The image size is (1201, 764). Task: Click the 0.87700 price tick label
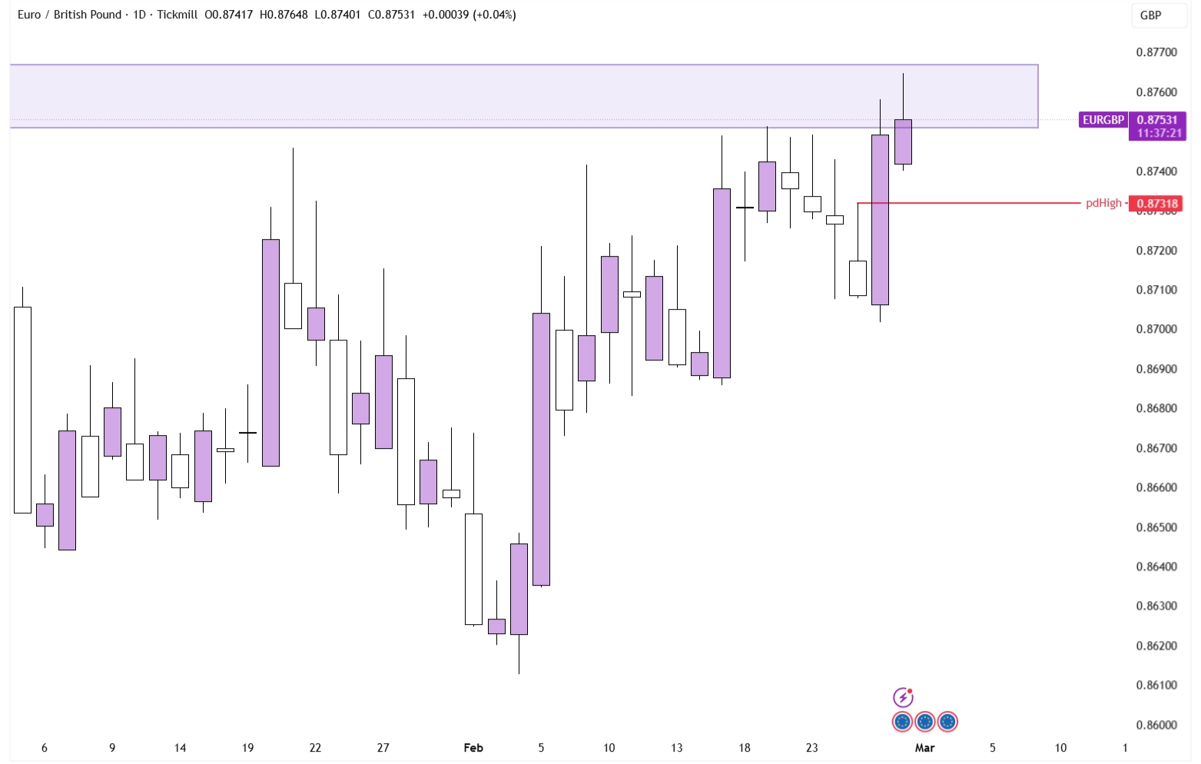click(x=1156, y=52)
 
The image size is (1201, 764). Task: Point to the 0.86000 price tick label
click(x=1156, y=725)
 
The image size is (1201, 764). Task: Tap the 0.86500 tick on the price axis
click(x=1156, y=527)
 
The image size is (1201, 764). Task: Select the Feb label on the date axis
click(x=473, y=747)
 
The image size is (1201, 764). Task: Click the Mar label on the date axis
click(x=924, y=747)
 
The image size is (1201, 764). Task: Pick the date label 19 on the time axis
click(x=247, y=747)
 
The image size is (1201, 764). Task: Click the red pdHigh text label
click(x=1103, y=203)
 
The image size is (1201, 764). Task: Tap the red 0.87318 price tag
click(x=1156, y=204)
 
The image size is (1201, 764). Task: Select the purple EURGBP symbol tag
click(x=1103, y=120)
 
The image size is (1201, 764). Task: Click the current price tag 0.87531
click(x=1156, y=120)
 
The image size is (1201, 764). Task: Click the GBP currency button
click(x=1150, y=15)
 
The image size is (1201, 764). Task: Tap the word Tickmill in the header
click(x=177, y=15)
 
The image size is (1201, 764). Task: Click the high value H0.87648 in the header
click(x=284, y=15)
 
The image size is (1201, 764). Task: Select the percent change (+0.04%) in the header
click(x=494, y=15)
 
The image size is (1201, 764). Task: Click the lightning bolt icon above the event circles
click(x=903, y=697)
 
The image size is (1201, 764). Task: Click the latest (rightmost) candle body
click(x=903, y=141)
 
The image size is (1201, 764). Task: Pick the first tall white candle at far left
click(x=22, y=410)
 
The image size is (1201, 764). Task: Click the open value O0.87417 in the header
click(x=228, y=15)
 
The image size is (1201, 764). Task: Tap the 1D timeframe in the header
click(x=139, y=15)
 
